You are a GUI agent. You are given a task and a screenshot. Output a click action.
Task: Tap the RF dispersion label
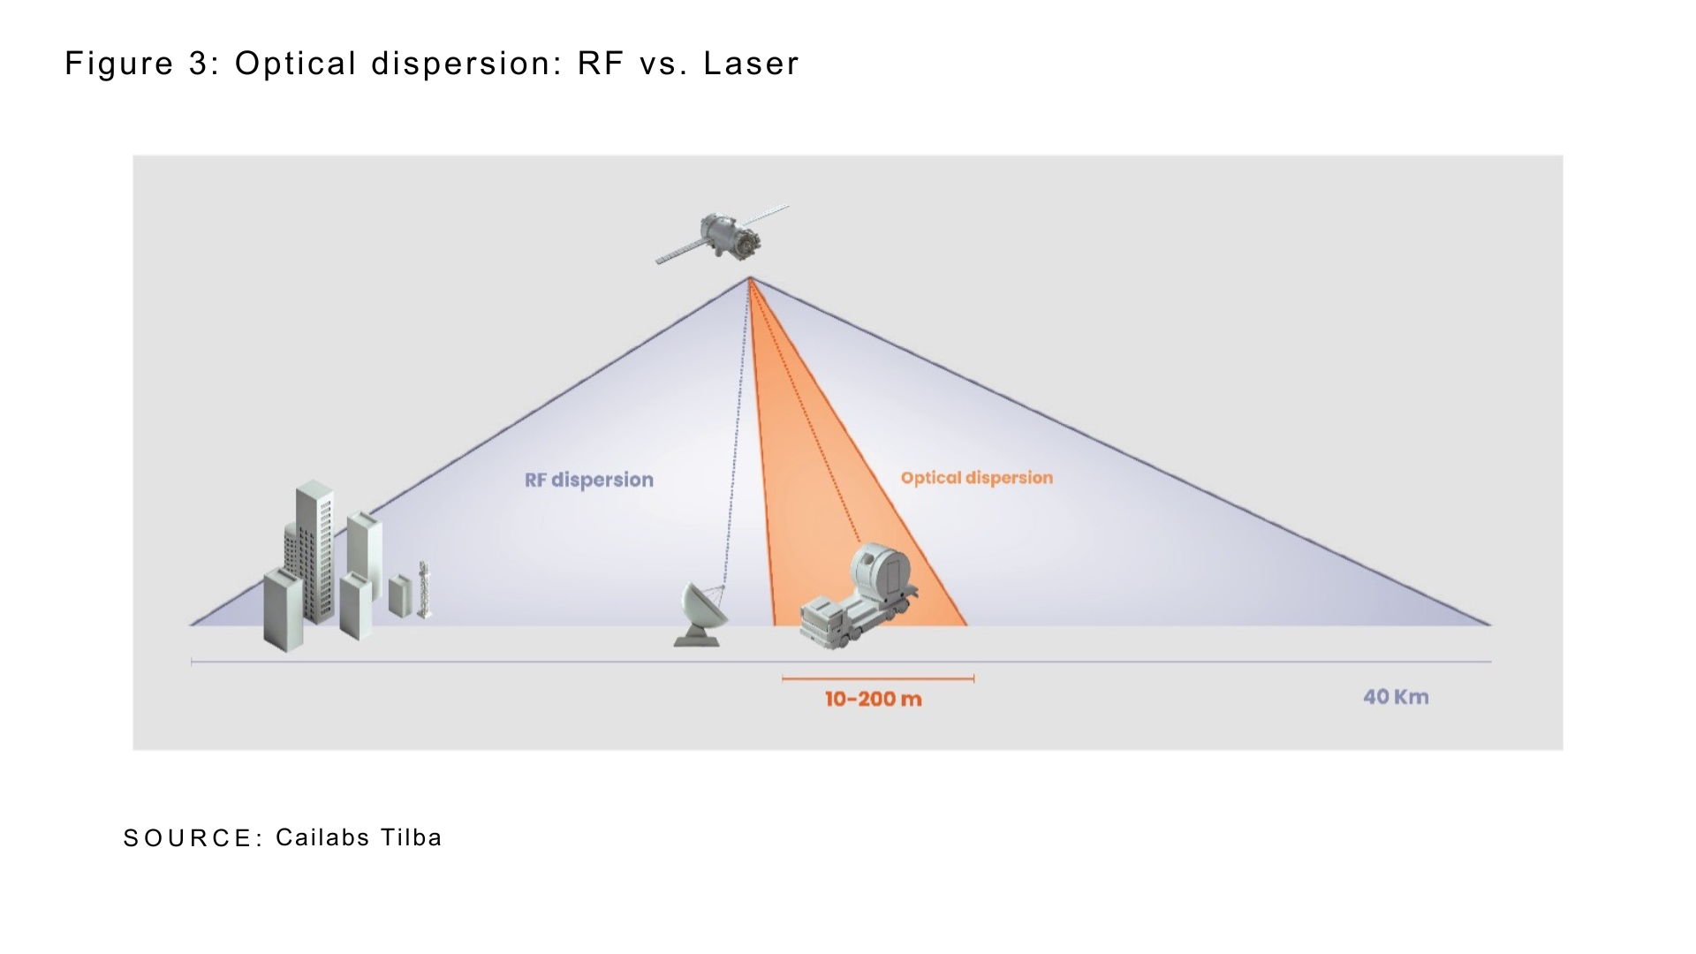(589, 480)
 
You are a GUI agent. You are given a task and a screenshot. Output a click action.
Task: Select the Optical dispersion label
(977, 478)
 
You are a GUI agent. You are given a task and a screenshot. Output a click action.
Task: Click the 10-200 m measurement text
(874, 700)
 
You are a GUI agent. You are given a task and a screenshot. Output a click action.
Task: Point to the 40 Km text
(1396, 697)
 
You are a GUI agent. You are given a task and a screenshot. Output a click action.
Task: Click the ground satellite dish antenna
(702, 613)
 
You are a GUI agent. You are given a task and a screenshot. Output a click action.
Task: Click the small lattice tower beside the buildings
(424, 589)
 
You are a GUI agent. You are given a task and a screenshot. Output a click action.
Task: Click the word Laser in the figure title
(751, 64)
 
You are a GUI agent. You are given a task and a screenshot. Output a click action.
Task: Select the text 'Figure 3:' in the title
(142, 64)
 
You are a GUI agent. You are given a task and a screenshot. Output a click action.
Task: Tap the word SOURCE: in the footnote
(193, 838)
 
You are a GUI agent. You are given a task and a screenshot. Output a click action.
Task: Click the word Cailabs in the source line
(322, 837)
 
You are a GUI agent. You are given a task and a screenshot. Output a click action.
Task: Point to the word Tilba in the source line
(411, 837)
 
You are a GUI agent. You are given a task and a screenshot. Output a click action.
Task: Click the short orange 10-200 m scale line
(878, 679)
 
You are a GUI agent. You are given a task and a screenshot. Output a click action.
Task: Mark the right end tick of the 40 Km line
(1491, 661)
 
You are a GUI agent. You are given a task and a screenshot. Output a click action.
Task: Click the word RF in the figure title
(602, 64)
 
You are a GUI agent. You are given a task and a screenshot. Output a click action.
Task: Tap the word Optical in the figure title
(295, 64)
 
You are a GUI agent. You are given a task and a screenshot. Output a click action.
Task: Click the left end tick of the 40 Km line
(192, 661)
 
